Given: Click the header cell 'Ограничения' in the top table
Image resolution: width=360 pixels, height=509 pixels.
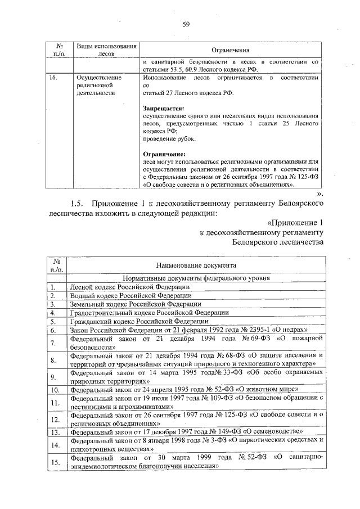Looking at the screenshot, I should (230, 49).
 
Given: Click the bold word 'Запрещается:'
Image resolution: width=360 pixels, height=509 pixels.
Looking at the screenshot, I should (163, 109).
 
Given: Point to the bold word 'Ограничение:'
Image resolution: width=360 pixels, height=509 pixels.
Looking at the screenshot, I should (163, 152).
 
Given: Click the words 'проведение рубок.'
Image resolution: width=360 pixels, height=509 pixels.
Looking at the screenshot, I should (169, 138).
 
